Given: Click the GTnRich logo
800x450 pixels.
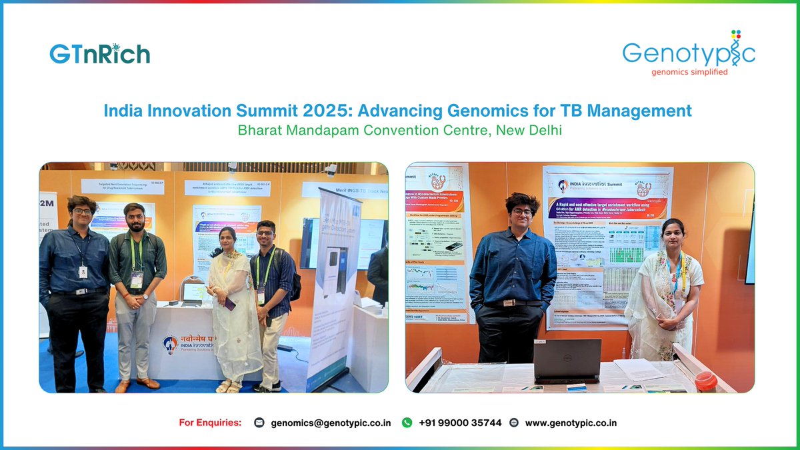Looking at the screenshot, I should [x=99, y=54].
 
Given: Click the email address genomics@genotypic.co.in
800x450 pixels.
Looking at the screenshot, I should [x=331, y=423].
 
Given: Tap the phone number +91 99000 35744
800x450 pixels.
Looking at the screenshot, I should [x=460, y=423].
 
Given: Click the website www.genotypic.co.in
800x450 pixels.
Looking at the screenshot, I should [x=571, y=423].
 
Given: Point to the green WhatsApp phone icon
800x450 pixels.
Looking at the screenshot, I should [x=407, y=423].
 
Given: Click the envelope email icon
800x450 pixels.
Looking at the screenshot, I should [x=259, y=423].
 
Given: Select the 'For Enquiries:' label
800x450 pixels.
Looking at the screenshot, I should [x=210, y=423].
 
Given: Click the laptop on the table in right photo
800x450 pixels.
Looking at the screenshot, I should [x=567, y=361].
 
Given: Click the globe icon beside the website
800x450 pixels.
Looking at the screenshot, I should [x=513, y=423].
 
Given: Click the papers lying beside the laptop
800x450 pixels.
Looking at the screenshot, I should [x=636, y=369].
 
